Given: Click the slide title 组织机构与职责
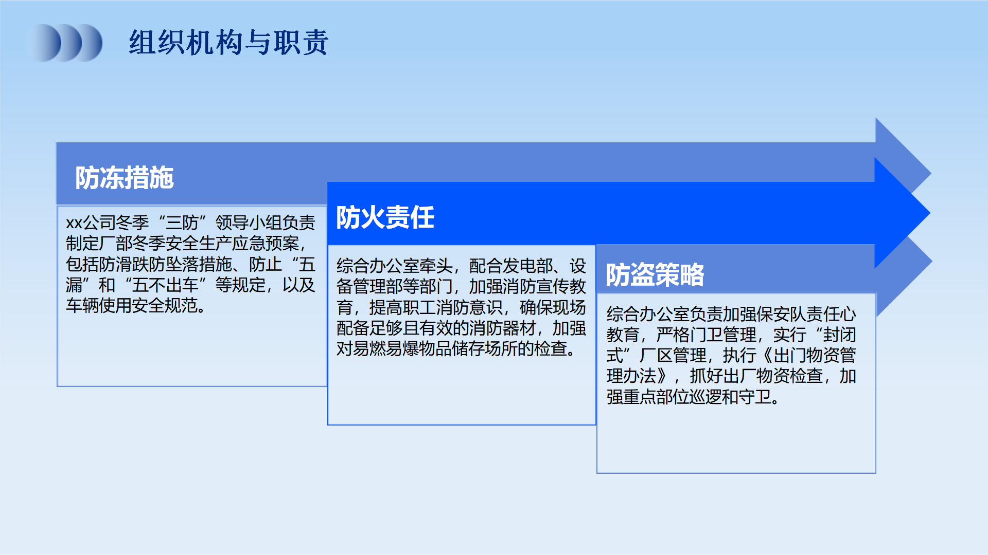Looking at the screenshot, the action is (228, 42).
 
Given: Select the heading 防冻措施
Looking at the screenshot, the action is (125, 178).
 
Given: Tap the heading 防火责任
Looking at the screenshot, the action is (385, 217).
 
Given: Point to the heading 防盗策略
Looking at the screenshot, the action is (655, 274).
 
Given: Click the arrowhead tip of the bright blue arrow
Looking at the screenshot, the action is (930, 213).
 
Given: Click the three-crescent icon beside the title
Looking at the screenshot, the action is (64, 43).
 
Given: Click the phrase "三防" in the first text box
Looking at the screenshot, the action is (182, 223).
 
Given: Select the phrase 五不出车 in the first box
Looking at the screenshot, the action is (165, 285).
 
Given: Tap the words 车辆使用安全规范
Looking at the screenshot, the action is (132, 305).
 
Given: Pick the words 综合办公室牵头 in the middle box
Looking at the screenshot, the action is (395, 266).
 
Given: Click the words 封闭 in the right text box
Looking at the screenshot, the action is (840, 335).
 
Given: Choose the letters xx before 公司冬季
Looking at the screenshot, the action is (74, 223).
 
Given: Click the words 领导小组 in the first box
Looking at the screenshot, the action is (249, 223).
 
